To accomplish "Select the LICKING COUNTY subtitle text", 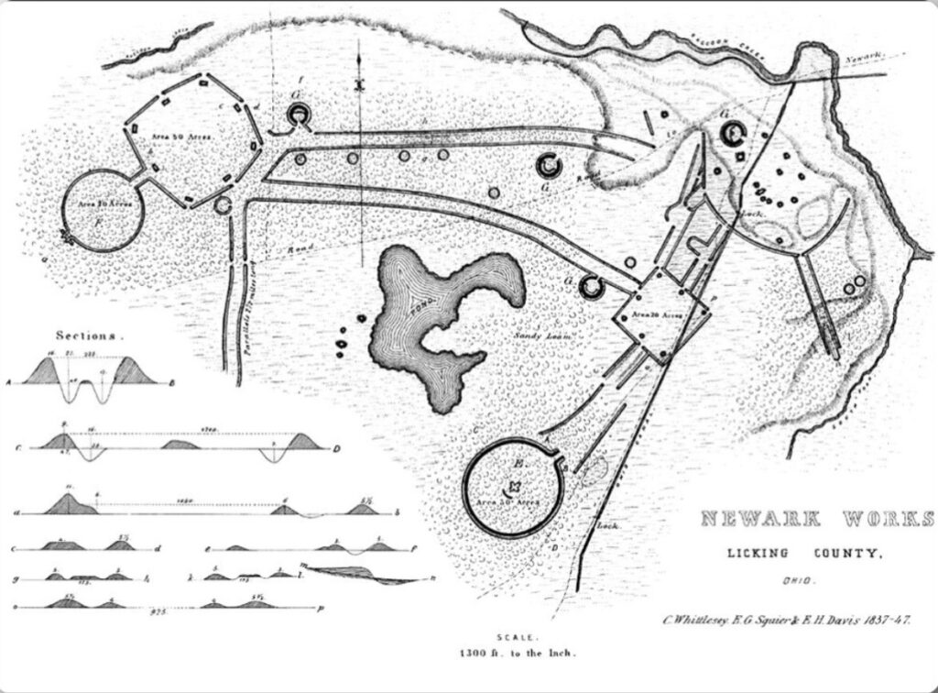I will coord(805,553).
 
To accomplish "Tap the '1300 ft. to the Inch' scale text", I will coord(518,654).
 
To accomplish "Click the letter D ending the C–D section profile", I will coord(337,448).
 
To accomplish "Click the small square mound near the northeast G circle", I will coord(740,159).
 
